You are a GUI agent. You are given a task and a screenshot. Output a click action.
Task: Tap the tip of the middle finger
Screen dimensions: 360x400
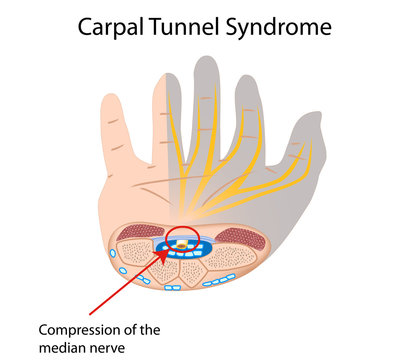click(x=206, y=60)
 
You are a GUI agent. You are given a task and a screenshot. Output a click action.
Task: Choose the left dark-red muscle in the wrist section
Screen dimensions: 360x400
click(x=135, y=235)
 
